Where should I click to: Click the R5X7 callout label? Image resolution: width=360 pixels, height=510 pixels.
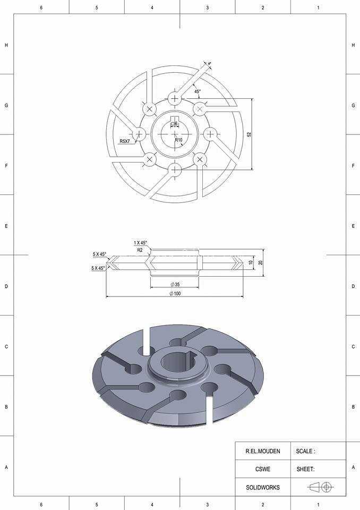[x=125, y=141]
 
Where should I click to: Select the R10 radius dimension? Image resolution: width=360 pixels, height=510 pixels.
[x=178, y=140]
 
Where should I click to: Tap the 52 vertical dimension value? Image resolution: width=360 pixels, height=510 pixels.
[x=250, y=134]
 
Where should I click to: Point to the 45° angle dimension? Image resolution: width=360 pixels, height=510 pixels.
[x=198, y=91]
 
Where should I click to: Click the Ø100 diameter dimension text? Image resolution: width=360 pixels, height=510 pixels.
[x=175, y=294]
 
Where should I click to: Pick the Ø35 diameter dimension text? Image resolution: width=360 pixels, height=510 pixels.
[x=175, y=284]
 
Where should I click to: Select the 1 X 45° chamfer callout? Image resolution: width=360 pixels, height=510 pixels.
[x=140, y=243]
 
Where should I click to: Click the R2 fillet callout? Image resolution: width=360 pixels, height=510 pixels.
[x=140, y=250]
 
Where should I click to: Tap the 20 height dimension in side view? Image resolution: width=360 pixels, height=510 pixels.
[x=261, y=262]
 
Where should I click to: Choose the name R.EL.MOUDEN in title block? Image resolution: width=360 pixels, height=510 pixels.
[x=263, y=451]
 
